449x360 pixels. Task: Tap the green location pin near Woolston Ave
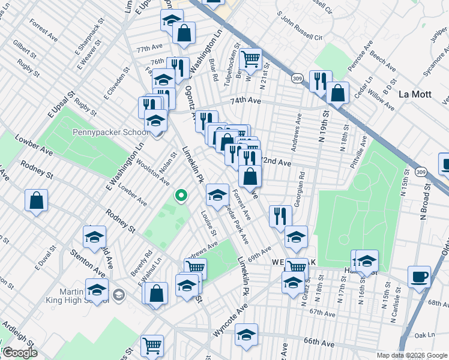(179, 195)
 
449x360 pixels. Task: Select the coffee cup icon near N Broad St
(419, 277)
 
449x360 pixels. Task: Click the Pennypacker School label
(110, 133)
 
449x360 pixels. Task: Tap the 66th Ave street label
(319, 343)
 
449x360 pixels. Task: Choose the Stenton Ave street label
(86, 263)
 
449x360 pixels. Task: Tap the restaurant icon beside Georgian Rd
(280, 216)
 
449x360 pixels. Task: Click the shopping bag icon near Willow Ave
(338, 93)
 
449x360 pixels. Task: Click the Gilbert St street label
(25, 46)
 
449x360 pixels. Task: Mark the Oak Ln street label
(424, 334)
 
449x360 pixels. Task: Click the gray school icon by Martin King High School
(119, 294)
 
